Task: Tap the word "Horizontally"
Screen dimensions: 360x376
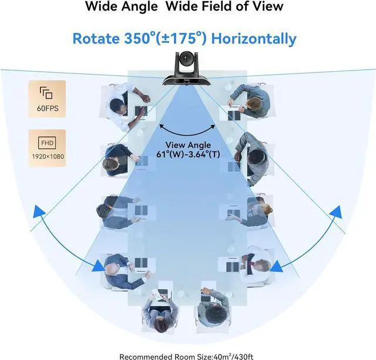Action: point(254,39)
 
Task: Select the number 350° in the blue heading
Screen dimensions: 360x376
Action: point(140,39)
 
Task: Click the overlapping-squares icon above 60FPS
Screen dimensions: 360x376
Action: point(46,92)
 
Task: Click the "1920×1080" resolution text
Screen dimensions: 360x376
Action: point(46,156)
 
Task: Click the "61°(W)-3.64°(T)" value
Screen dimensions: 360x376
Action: point(188,156)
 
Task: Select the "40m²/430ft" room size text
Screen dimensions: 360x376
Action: point(231,355)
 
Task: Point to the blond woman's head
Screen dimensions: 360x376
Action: point(267,209)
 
